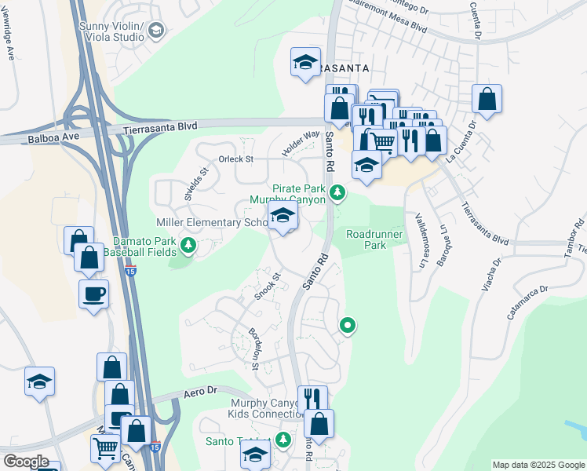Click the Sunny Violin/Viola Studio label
(111, 31)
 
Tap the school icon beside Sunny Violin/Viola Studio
(156, 31)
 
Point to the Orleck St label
(236, 159)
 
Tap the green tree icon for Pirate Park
(337, 192)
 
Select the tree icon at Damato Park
(188, 247)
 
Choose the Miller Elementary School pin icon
(283, 217)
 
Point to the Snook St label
(267, 287)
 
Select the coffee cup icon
(93, 294)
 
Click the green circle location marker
(347, 324)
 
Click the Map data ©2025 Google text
(538, 465)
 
